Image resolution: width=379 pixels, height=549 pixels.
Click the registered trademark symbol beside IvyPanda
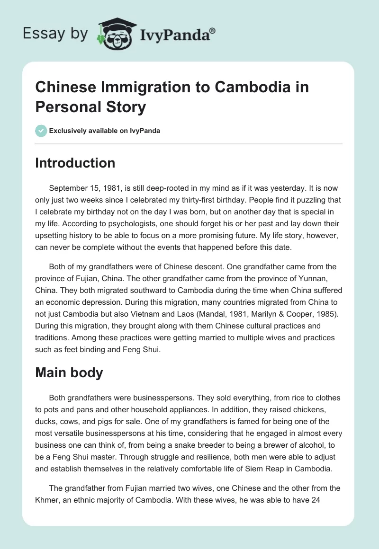[213, 31]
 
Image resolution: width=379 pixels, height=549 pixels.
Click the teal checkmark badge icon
[41, 131]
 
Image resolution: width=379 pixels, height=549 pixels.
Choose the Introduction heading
[75, 163]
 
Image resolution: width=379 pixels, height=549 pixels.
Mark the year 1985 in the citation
[311, 314]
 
